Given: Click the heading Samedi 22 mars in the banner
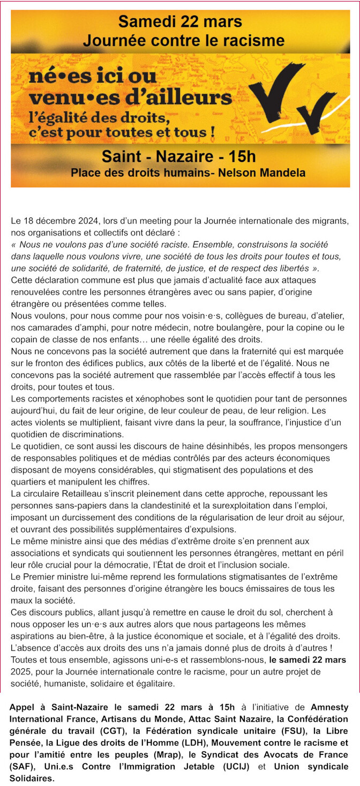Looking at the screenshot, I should point(180,21).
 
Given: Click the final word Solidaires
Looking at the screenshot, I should point(32,779).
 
